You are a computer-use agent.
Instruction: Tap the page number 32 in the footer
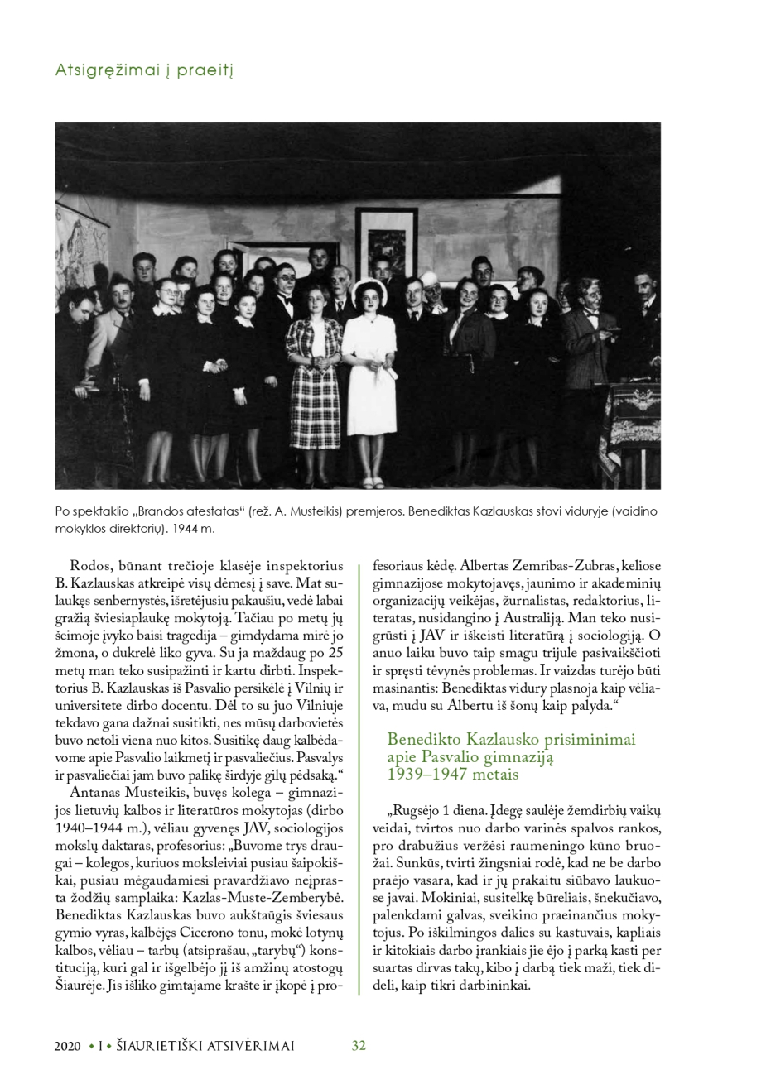[x=359, y=1045]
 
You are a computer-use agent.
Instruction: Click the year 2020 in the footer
[x=68, y=1046]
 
